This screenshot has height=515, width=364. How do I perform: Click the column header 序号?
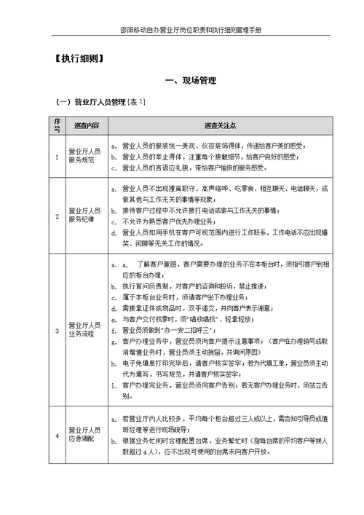pyautogui.click(x=58, y=126)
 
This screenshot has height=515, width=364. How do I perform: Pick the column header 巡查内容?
pyautogui.click(x=86, y=126)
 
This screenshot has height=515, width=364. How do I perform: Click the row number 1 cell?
pyautogui.click(x=58, y=156)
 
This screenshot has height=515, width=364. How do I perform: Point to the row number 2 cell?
pyautogui.click(x=58, y=216)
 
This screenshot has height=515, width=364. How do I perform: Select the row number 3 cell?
pyautogui.click(x=58, y=330)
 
